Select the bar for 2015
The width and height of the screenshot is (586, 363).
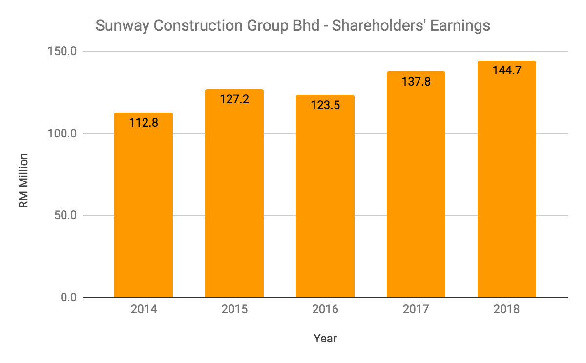point(234,196)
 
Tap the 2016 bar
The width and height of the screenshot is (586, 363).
point(325,201)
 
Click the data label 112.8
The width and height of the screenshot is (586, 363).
point(144,123)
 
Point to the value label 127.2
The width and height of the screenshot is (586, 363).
point(234,99)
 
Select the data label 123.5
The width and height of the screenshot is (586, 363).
point(325,105)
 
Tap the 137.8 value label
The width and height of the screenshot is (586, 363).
point(416,82)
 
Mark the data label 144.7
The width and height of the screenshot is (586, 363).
point(507,70)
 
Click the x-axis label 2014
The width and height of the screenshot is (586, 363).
point(144,310)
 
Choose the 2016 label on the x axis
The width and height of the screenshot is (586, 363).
point(325,310)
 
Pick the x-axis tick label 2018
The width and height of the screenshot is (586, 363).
point(507,310)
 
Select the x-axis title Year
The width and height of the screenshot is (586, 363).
point(325,338)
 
